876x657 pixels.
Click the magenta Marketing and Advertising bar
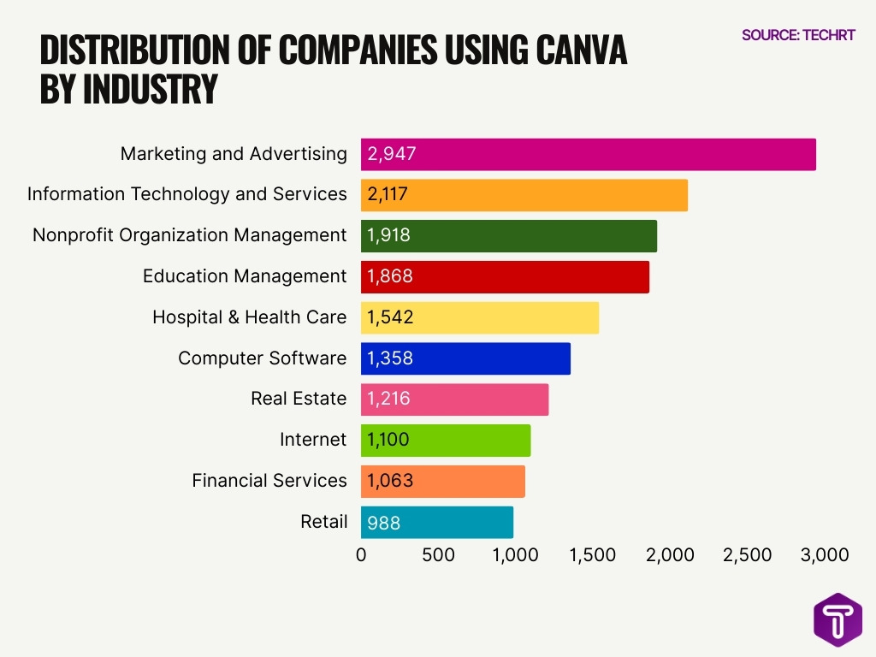(x=589, y=154)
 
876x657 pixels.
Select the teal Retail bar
(x=437, y=522)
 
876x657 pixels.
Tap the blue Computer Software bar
(x=465, y=358)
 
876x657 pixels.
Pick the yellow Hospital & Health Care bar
(x=480, y=317)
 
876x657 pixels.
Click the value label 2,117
(x=388, y=195)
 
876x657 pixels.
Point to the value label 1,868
(x=390, y=276)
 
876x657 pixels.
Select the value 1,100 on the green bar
(x=388, y=441)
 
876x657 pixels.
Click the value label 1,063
(x=390, y=481)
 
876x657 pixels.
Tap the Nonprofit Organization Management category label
(x=189, y=235)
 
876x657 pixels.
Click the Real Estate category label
(x=299, y=399)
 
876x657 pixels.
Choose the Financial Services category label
(x=269, y=481)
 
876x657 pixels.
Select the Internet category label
(x=313, y=441)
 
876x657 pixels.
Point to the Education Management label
(x=245, y=276)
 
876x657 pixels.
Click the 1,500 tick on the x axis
(x=592, y=555)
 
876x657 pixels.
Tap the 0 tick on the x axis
(x=361, y=555)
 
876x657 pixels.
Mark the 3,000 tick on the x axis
(x=824, y=555)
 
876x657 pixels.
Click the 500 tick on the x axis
(x=438, y=555)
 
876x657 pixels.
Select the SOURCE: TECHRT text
(x=798, y=36)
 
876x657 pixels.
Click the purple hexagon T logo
(x=838, y=619)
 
